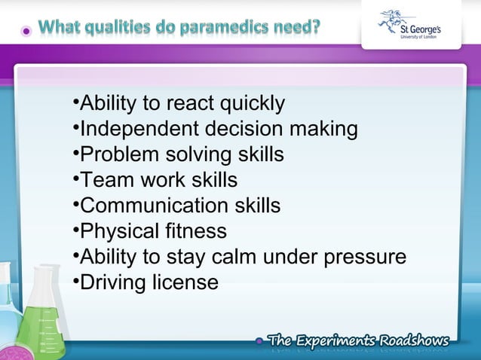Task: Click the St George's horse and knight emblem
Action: pos(397,20)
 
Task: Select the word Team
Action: pos(105,180)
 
